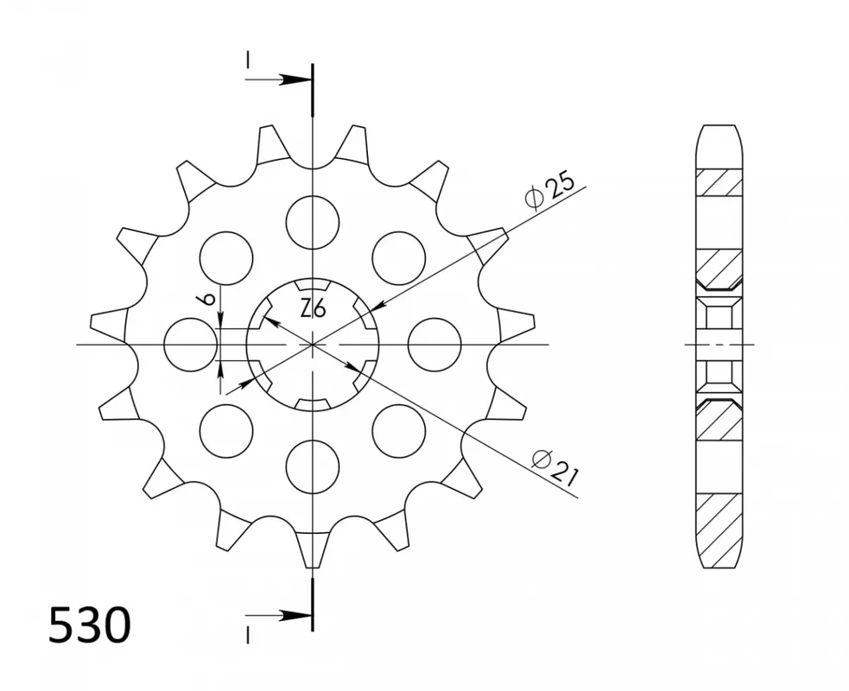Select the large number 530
tap(90, 625)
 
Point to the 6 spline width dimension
tap(210, 298)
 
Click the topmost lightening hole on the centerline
tap(313, 223)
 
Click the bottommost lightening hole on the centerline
tap(313, 466)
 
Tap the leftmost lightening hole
tap(191, 345)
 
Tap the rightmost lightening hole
tap(434, 345)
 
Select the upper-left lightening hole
tap(226, 258)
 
